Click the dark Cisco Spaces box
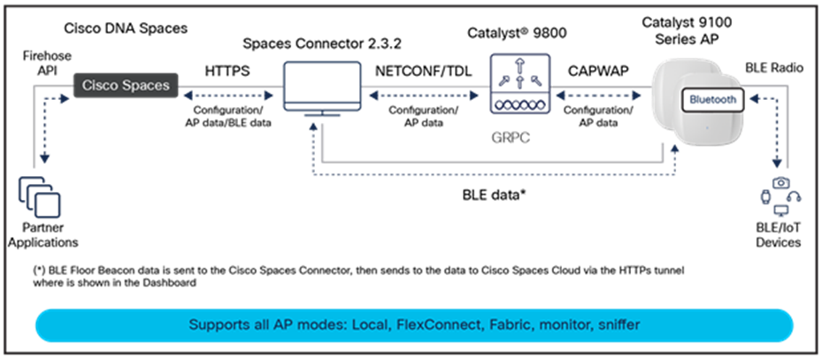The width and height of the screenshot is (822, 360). (x=126, y=85)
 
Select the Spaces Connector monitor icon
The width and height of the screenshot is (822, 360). (x=322, y=88)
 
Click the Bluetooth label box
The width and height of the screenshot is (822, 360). (x=712, y=99)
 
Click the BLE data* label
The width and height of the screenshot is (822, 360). (x=494, y=195)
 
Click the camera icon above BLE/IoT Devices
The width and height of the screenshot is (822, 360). (x=781, y=182)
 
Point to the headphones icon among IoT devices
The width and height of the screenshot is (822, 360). (x=795, y=197)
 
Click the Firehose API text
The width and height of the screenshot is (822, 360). (x=46, y=62)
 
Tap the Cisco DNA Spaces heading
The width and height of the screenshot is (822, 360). (x=126, y=28)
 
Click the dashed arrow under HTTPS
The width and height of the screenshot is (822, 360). (x=228, y=96)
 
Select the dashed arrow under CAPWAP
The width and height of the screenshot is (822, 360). (x=599, y=96)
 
